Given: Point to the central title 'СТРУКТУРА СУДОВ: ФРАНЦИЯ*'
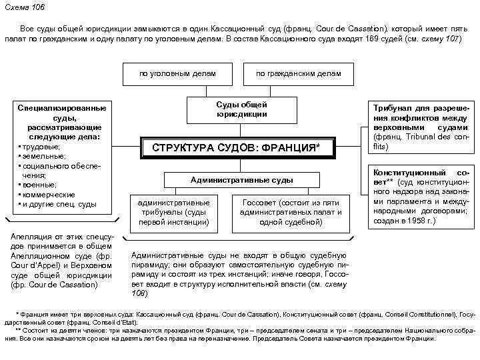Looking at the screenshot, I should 237,147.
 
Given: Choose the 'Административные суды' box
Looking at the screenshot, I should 241,180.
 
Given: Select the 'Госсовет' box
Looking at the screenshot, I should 291,211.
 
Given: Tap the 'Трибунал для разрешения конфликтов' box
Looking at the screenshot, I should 420,127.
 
